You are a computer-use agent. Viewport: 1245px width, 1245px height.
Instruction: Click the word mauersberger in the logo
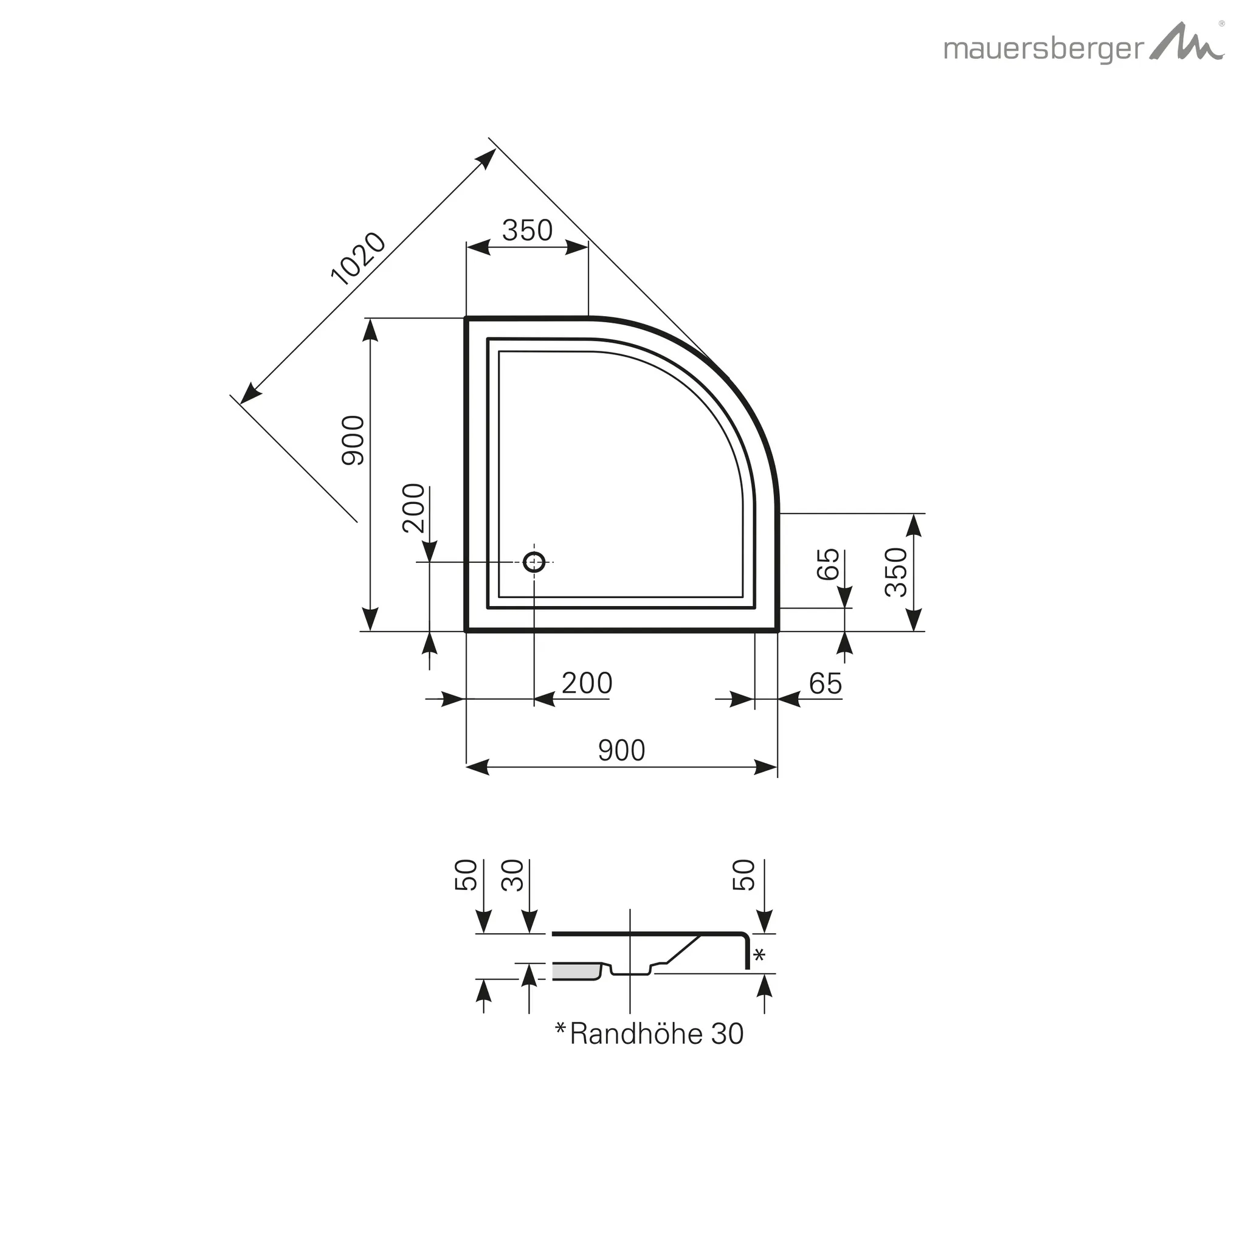[1043, 50]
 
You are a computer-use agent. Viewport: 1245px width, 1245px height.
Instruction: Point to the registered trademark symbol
[1221, 23]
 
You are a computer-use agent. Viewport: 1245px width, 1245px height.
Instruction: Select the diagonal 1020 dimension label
[357, 258]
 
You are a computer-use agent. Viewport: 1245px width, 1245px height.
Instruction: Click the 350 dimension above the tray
[527, 230]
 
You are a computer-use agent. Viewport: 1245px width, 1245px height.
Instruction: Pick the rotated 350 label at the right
[895, 571]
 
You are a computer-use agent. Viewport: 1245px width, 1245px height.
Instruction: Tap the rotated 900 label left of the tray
[353, 440]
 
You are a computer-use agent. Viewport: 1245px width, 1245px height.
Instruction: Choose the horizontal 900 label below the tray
[621, 750]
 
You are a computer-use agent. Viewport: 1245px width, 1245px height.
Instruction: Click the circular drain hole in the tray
[534, 562]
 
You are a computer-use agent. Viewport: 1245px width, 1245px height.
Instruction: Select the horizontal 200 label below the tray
[587, 683]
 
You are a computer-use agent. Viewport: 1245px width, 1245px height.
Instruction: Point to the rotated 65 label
[828, 565]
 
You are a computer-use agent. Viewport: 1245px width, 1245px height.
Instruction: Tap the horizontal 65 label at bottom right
[825, 684]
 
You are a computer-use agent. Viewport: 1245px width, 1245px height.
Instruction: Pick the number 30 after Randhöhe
[728, 1034]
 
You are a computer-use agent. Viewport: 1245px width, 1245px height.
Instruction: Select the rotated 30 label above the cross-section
[514, 876]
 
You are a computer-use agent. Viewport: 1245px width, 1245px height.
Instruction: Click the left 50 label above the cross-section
[466, 875]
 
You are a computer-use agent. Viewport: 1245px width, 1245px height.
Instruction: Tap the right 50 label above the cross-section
[743, 875]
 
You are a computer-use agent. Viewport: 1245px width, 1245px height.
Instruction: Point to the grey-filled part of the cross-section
[576, 973]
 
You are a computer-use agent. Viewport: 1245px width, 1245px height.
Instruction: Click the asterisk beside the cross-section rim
[759, 955]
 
